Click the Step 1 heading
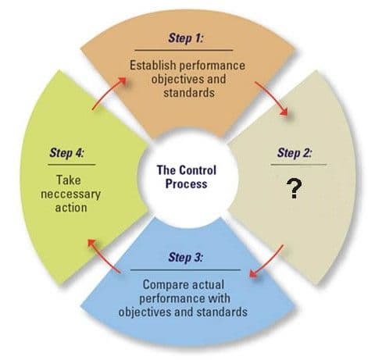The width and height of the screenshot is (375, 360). [185, 38]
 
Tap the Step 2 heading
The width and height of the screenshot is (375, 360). [295, 153]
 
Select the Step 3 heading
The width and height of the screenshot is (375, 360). [185, 257]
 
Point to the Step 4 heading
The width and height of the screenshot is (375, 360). [66, 153]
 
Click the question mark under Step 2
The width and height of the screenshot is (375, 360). [295, 189]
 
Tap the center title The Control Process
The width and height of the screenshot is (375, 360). [187, 177]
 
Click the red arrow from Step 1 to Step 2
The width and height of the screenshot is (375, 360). [273, 98]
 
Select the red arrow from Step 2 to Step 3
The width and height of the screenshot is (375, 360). [266, 261]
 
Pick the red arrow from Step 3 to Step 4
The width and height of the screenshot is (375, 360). [103, 256]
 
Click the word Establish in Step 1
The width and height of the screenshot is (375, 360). [153, 65]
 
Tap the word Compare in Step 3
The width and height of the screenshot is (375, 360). [166, 285]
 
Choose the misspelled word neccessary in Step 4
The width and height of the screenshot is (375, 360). [71, 194]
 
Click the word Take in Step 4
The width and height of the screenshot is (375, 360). [69, 180]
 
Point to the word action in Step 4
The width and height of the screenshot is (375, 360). [71, 208]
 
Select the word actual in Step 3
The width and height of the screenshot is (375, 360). [208, 284]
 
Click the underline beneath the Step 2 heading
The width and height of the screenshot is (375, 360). [298, 165]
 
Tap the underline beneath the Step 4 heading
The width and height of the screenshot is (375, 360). [72, 165]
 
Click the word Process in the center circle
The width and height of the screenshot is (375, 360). [187, 184]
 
